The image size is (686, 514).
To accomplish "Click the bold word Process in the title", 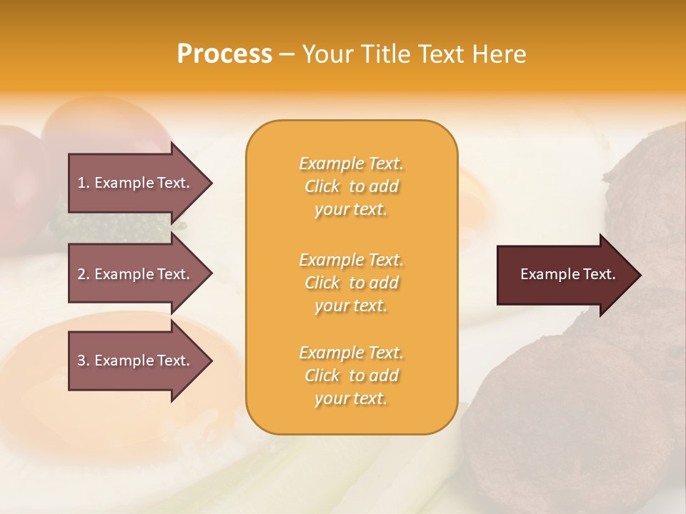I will (x=224, y=54).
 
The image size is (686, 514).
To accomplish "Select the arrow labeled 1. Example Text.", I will (x=136, y=183).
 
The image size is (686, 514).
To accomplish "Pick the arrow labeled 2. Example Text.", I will (x=136, y=274).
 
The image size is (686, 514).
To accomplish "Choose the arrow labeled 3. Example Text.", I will (x=136, y=361).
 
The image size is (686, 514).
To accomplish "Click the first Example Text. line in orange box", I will (x=351, y=163).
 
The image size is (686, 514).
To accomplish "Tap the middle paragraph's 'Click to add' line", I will (x=351, y=283).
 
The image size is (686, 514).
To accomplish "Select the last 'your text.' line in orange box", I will (x=351, y=398).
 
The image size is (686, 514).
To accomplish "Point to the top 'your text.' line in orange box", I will (x=351, y=209).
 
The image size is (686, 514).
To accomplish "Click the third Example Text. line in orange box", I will (x=351, y=353).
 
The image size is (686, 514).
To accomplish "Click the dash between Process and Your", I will (x=287, y=54).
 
